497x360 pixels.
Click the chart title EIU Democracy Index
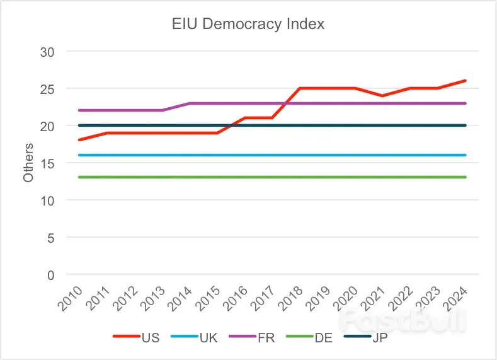pyautogui.click(x=248, y=25)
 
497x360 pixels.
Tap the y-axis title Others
pyautogui.click(x=28, y=163)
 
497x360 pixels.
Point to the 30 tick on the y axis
pyautogui.click(x=47, y=52)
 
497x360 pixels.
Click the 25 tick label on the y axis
pyautogui.click(x=47, y=89)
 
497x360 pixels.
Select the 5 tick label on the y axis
pyautogui.click(x=50, y=238)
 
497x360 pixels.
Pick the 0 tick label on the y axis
pyautogui.click(x=50, y=275)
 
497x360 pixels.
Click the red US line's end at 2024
pyautogui.click(x=466, y=81)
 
